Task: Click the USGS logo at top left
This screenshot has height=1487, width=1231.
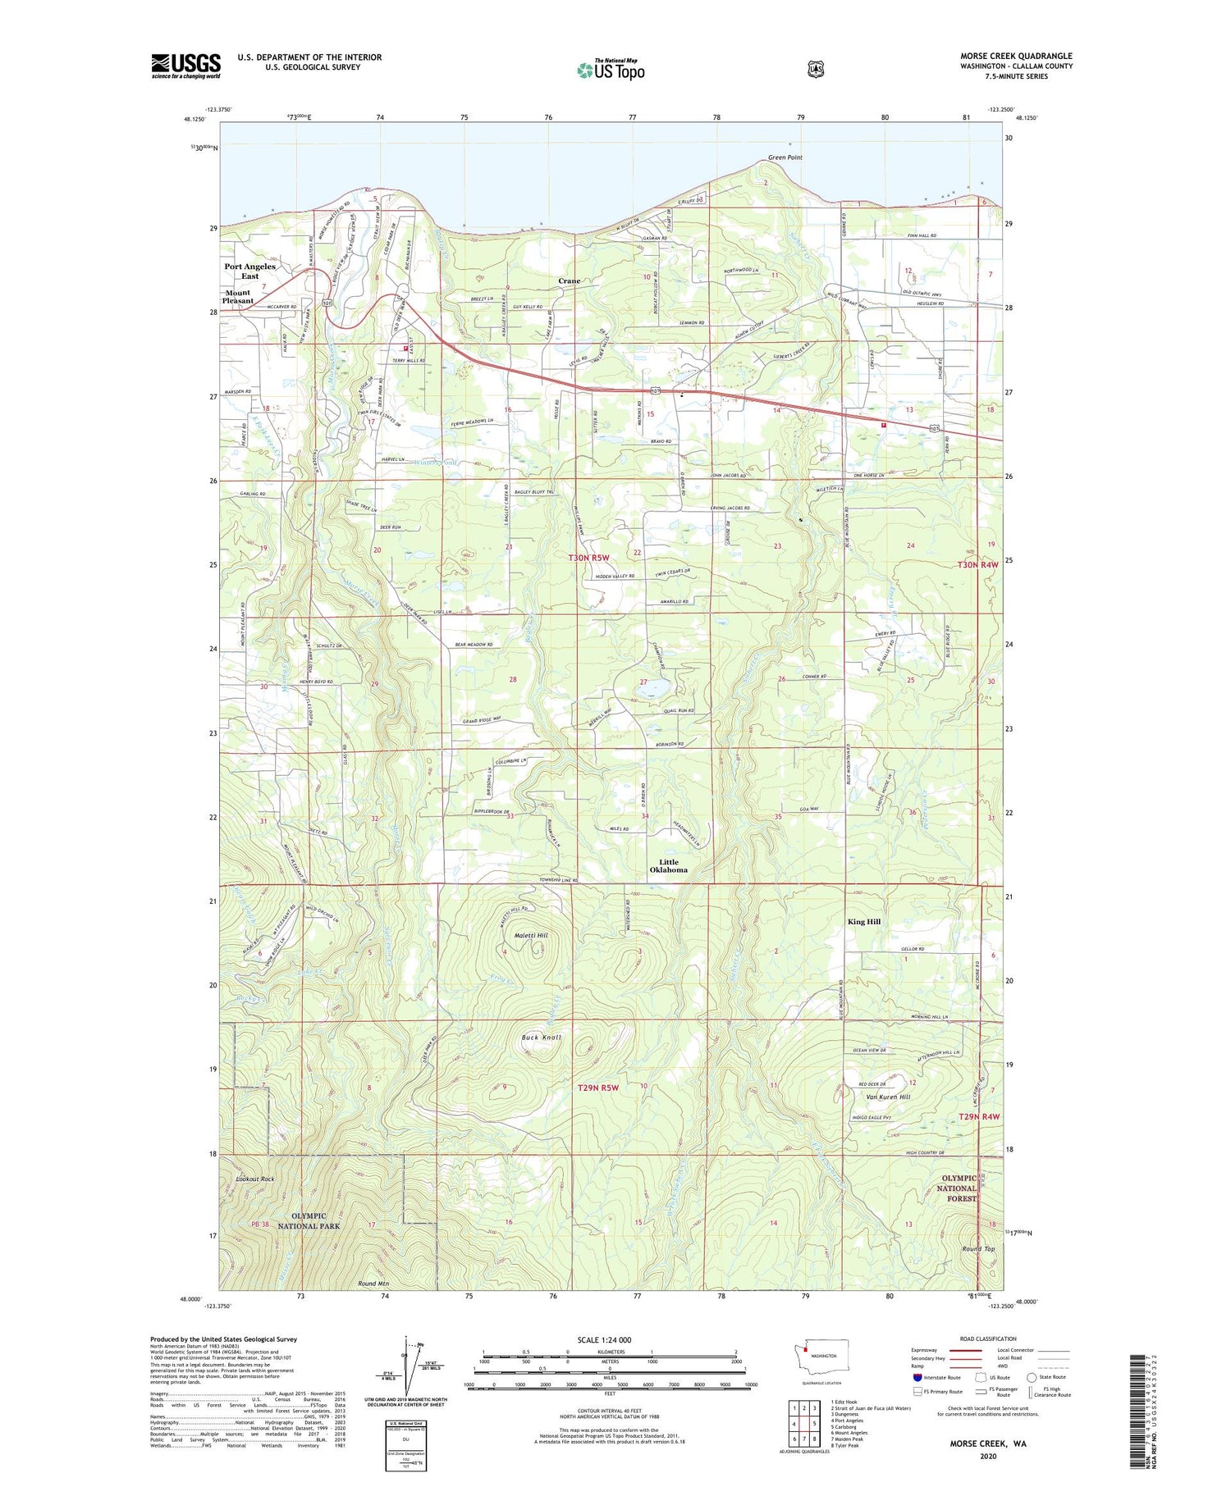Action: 185,66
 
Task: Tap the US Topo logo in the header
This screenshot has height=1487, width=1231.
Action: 611,70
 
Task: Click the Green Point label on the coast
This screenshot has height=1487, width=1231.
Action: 785,157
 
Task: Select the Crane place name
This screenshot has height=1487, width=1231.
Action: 569,281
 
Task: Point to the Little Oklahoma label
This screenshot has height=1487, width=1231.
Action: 668,865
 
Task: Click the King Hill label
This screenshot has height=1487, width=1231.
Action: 863,922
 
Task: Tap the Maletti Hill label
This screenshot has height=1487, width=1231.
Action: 531,935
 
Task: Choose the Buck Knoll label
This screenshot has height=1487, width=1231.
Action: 542,1038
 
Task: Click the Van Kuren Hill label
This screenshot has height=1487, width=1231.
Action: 888,1097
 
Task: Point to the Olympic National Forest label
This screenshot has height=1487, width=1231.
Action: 958,1188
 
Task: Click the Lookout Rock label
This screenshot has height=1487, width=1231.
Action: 254,1179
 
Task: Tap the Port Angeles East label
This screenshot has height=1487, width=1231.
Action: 249,271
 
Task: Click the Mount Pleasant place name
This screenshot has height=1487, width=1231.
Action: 237,297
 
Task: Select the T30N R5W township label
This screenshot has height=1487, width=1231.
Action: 589,558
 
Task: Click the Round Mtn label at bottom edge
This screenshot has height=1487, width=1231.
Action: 373,1284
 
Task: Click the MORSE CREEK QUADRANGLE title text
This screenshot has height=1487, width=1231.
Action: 1016,57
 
